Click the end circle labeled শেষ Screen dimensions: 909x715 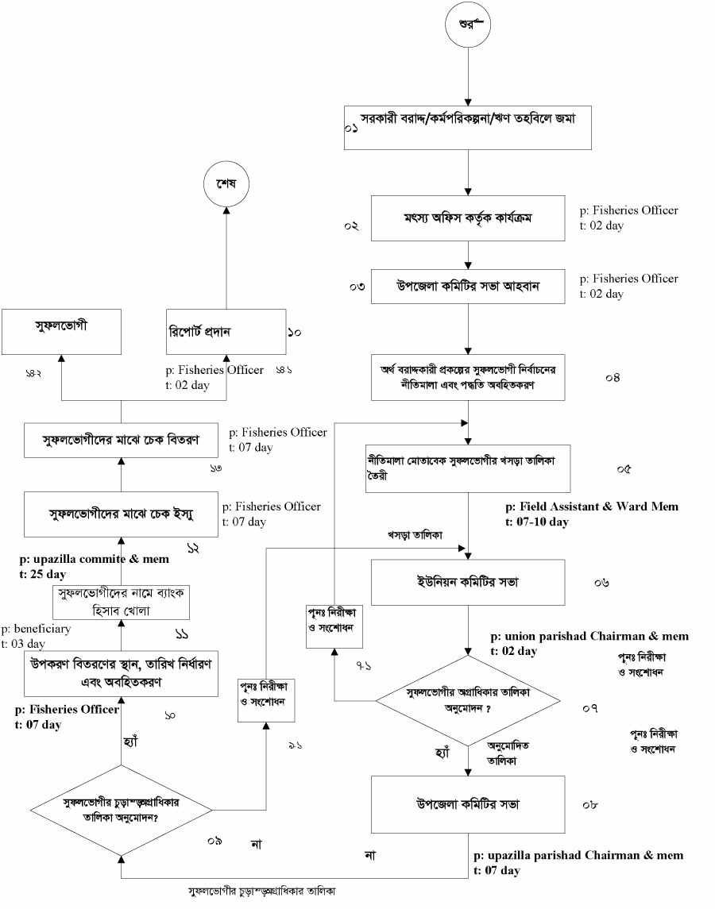click(x=226, y=183)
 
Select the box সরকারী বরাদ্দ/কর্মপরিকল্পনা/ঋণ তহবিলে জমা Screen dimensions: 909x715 click(x=469, y=127)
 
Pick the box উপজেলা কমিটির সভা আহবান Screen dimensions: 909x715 click(x=469, y=286)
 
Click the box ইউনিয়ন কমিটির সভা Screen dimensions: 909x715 click(x=469, y=582)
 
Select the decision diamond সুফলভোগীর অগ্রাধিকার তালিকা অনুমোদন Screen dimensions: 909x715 click(x=469, y=700)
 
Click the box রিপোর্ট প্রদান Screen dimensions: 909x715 click(x=226, y=332)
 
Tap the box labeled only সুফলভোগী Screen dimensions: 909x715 click(x=61, y=332)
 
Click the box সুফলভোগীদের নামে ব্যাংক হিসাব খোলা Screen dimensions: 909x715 click(x=121, y=602)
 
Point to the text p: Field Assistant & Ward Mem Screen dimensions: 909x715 click(x=592, y=506)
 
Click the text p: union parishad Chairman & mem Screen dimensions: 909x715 click(x=589, y=637)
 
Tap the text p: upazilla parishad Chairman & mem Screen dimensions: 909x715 click(x=578, y=856)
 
